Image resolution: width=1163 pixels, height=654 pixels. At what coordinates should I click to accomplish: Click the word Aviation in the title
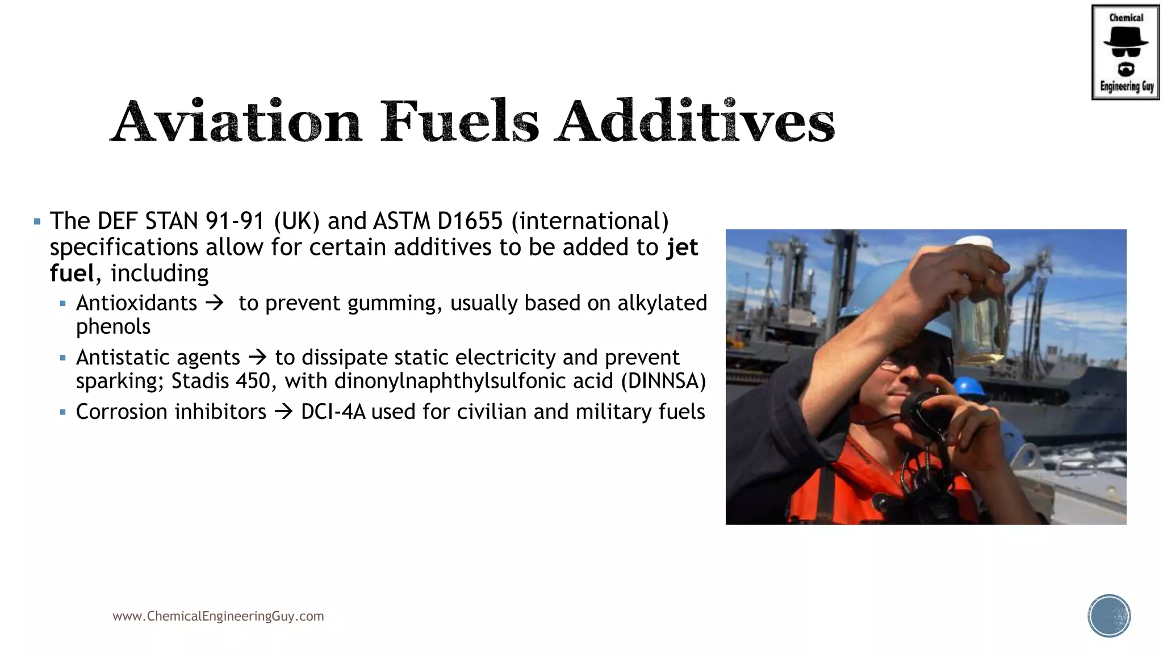point(236,121)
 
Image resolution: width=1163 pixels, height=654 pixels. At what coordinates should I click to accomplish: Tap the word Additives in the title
point(695,121)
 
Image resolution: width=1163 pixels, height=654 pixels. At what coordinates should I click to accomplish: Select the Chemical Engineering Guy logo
point(1125,52)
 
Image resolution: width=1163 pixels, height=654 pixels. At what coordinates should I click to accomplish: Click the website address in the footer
point(218,616)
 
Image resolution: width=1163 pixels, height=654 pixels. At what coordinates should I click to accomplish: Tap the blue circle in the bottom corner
point(1109,616)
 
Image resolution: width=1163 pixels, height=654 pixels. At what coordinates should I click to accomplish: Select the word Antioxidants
point(137,303)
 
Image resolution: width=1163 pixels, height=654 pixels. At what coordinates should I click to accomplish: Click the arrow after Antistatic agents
point(258,357)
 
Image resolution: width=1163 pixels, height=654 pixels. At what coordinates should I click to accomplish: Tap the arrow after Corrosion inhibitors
point(283,412)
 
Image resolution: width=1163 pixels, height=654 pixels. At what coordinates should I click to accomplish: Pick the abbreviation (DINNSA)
point(663,381)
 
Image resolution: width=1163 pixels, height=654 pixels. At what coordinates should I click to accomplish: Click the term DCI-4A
point(333,412)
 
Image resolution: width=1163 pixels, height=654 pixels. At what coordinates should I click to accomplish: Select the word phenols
point(114,327)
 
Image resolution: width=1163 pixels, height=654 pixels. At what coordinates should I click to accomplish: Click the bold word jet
point(682,248)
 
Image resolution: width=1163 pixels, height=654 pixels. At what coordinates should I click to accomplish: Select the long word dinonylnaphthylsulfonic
point(474,381)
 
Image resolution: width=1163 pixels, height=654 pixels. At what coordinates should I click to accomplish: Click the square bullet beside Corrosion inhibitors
point(62,412)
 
